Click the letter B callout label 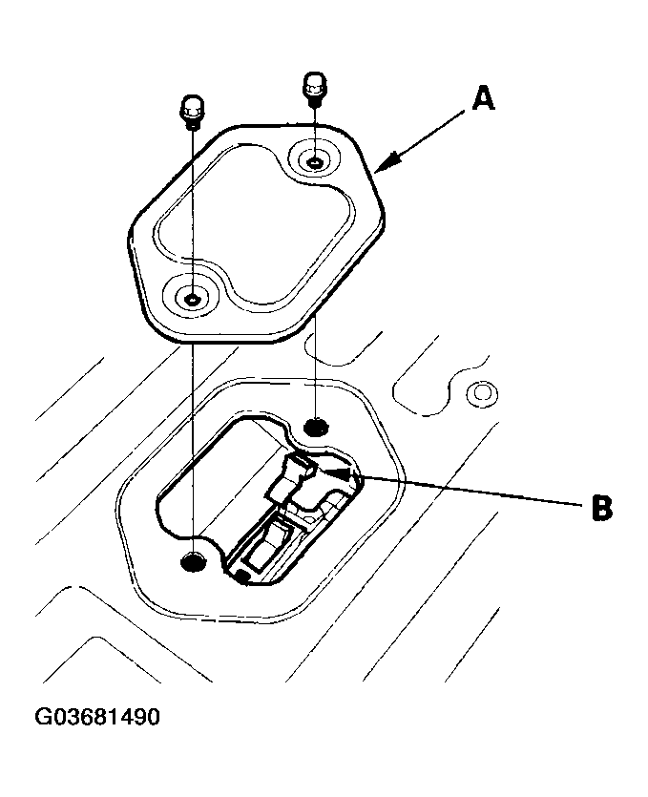600,508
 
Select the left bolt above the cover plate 191,113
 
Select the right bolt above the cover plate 315,88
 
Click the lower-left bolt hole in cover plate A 192,300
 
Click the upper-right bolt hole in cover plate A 315,160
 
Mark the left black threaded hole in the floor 193,561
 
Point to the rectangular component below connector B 266,549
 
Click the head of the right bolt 315,80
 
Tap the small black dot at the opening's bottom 243,576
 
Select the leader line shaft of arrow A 429,133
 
